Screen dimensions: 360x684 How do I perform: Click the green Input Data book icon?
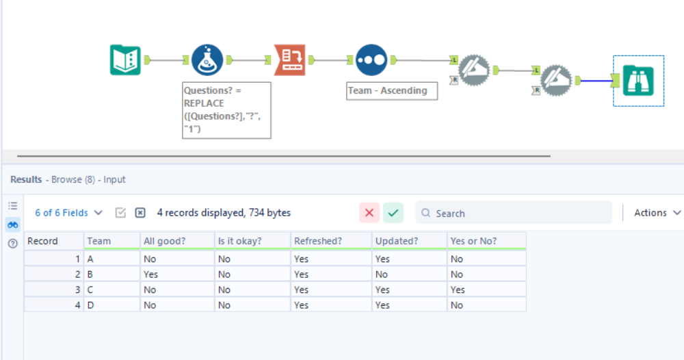tap(125, 60)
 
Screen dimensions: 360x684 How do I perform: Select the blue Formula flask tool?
tap(207, 60)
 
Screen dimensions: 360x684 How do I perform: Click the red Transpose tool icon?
tap(290, 60)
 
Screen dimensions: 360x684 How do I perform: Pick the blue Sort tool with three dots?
tap(371, 60)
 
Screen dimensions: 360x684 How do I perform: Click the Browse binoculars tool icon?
tap(638, 81)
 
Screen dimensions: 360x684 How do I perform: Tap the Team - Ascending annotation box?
tap(392, 90)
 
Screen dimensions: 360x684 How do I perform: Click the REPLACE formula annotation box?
tap(226, 110)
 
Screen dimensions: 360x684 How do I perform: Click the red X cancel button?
tap(369, 213)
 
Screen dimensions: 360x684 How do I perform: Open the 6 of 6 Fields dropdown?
tap(69, 213)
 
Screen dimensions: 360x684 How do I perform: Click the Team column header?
tap(99, 241)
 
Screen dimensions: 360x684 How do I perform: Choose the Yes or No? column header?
tap(473, 241)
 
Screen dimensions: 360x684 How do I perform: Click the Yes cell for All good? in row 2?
tap(151, 274)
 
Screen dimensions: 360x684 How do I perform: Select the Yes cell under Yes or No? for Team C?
tap(458, 290)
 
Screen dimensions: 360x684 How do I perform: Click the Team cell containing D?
tap(91, 305)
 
